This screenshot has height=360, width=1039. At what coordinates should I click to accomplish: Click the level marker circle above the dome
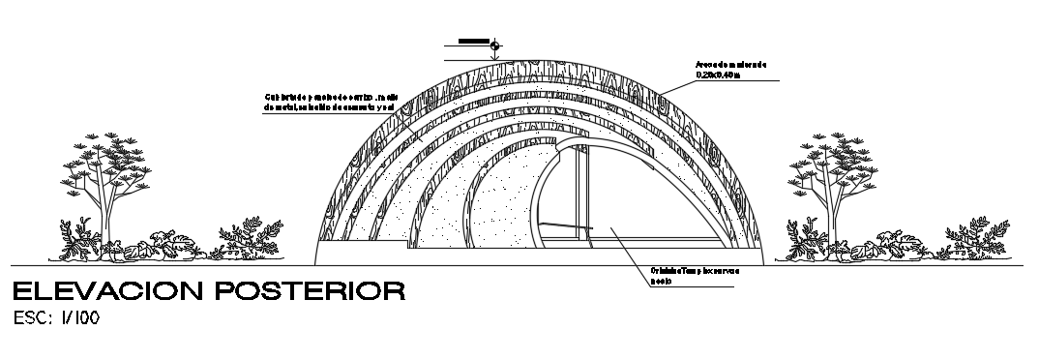(x=495, y=45)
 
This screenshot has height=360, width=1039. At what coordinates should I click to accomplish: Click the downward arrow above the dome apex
(x=495, y=57)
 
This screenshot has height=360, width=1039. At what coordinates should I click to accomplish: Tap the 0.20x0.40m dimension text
(x=717, y=74)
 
